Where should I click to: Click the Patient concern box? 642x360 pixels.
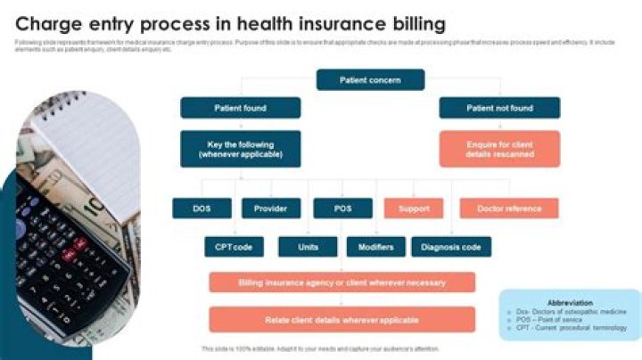370,80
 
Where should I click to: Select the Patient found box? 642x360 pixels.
240,109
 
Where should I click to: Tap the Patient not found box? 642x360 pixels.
499,109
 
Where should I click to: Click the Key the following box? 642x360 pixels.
240,149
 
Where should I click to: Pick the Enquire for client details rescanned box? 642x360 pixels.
499,149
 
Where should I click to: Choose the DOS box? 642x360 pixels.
202,209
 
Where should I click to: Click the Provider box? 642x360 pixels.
270,209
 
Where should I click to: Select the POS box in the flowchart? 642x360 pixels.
342,209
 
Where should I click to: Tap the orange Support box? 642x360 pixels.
413,209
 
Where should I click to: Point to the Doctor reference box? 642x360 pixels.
509,209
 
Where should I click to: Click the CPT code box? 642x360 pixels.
234,247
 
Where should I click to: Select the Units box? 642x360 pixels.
309,247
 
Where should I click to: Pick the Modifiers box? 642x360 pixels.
375,247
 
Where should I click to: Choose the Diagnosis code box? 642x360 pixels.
451,247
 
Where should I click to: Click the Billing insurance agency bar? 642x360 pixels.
342,282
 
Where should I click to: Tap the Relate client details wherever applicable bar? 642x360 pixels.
342,319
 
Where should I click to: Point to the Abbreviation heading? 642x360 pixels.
570,302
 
